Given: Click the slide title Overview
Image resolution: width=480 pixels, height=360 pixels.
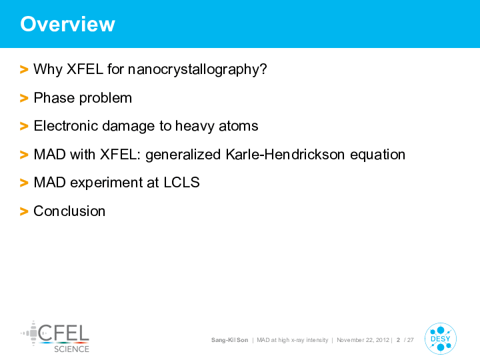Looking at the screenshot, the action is [x=67, y=24].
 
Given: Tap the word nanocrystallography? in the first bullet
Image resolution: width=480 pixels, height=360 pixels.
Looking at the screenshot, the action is [x=197, y=70].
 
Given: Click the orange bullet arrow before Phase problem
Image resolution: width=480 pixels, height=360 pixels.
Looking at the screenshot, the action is [x=24, y=98].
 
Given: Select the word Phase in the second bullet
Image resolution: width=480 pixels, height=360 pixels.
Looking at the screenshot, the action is [x=54, y=98].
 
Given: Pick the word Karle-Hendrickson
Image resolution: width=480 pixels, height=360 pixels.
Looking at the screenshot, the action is [x=285, y=154].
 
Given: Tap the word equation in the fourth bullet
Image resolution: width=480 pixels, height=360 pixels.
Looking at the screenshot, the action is [x=377, y=155].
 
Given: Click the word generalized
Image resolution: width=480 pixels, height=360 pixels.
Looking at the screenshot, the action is [x=183, y=155].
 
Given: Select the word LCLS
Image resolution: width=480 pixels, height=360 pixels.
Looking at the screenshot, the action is [x=181, y=183].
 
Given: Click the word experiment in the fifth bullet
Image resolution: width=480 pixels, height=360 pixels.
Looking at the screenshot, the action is [x=106, y=183].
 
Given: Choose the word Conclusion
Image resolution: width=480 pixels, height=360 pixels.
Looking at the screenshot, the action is [x=69, y=211].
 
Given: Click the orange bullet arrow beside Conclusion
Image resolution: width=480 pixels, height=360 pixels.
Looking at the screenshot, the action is [x=24, y=211].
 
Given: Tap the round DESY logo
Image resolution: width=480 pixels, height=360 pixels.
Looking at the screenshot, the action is [x=441, y=339].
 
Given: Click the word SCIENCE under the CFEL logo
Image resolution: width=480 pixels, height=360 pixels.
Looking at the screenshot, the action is [x=71, y=349].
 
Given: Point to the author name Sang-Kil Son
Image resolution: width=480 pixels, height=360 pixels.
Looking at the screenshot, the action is [x=229, y=340].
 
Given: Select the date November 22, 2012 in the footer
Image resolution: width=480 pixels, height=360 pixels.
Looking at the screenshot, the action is [x=363, y=340].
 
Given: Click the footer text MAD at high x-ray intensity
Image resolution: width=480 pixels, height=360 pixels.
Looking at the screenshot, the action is [x=293, y=340].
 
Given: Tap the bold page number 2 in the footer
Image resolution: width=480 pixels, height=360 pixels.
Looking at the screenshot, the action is [x=398, y=340].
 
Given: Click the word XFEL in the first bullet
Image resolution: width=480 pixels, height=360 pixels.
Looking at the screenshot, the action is [x=85, y=69].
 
